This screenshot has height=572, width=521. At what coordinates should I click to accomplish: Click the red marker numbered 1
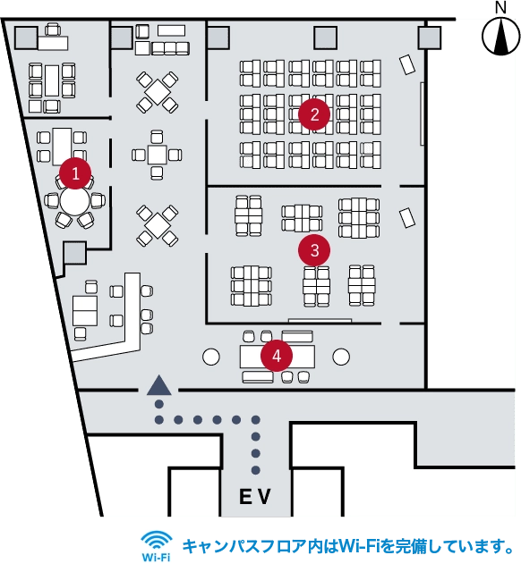tap(75, 173)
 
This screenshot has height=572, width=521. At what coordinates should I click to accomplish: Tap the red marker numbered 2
tap(314, 114)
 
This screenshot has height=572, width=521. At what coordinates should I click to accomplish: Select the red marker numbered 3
tap(314, 250)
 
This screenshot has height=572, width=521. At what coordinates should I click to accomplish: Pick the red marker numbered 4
tap(277, 356)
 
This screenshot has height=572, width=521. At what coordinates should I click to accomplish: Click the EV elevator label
tap(255, 496)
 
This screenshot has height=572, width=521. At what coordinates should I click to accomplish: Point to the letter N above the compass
tap(500, 8)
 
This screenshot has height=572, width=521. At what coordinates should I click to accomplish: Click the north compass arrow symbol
tap(501, 37)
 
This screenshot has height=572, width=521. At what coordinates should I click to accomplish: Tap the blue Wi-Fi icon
tap(157, 540)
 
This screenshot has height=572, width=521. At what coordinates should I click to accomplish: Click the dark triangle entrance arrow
tap(159, 385)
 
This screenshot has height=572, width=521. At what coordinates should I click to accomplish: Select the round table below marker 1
tap(74, 201)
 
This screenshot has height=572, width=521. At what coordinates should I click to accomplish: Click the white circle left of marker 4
tap(211, 357)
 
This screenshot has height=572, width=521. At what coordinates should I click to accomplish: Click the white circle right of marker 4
tap(341, 357)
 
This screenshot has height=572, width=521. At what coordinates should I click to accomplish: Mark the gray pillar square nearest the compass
tap(430, 38)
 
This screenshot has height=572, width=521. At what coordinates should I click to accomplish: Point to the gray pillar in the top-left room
tap(26, 38)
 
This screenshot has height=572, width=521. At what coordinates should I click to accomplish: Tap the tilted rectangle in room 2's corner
tap(407, 64)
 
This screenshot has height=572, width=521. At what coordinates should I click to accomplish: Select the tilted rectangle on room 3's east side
tap(407, 218)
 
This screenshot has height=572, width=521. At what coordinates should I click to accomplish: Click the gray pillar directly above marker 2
tap(325, 38)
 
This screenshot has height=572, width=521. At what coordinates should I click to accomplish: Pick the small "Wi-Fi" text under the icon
tap(156, 558)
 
